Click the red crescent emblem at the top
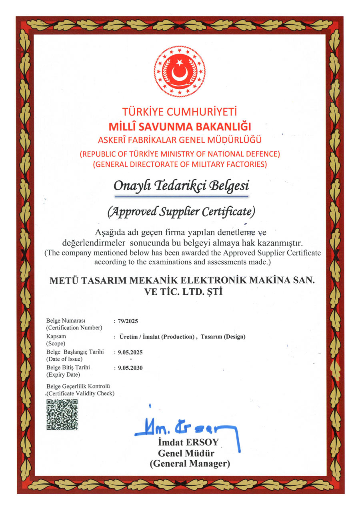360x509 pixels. coord(180,72)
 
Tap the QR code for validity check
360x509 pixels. coord(62,414)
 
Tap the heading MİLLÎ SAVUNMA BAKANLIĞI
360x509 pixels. coord(180,127)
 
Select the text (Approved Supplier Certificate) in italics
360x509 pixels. coord(181,211)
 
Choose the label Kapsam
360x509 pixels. coord(56,337)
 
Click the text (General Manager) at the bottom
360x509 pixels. coord(190,464)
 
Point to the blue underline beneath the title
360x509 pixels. coord(181,197)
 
